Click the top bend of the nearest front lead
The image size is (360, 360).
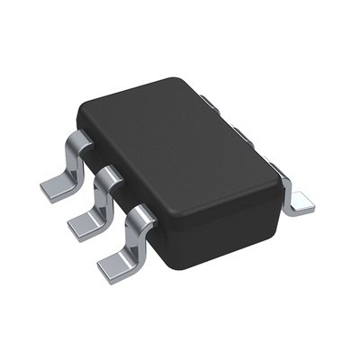point(138,213)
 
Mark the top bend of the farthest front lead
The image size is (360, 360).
point(79,139)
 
